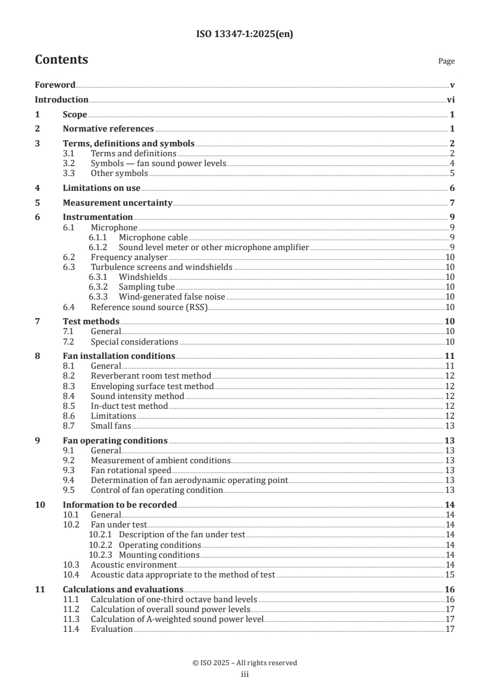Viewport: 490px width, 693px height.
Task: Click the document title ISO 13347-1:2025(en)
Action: tap(245, 35)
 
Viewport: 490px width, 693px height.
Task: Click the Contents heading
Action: tap(61, 60)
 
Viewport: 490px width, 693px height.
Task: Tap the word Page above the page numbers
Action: tap(446, 61)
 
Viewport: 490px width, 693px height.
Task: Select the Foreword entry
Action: tap(55, 85)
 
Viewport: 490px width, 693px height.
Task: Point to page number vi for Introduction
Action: tap(450, 99)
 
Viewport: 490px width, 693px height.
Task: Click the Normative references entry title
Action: tap(108, 128)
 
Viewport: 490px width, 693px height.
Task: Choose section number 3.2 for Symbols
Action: tap(70, 163)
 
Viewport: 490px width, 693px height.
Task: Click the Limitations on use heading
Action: tap(101, 188)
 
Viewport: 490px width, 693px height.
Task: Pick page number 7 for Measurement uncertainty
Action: tap(452, 203)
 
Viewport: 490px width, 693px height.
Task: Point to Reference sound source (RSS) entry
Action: tap(148, 307)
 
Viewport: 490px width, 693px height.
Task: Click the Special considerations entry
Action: tap(134, 342)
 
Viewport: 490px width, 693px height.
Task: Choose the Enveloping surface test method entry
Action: tap(152, 386)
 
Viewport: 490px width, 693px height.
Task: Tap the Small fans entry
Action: tap(111, 426)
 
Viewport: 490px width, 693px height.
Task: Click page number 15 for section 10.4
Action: tap(450, 574)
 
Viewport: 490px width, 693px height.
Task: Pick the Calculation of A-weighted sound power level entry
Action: tap(177, 619)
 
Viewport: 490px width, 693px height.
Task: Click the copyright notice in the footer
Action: tap(245, 663)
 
